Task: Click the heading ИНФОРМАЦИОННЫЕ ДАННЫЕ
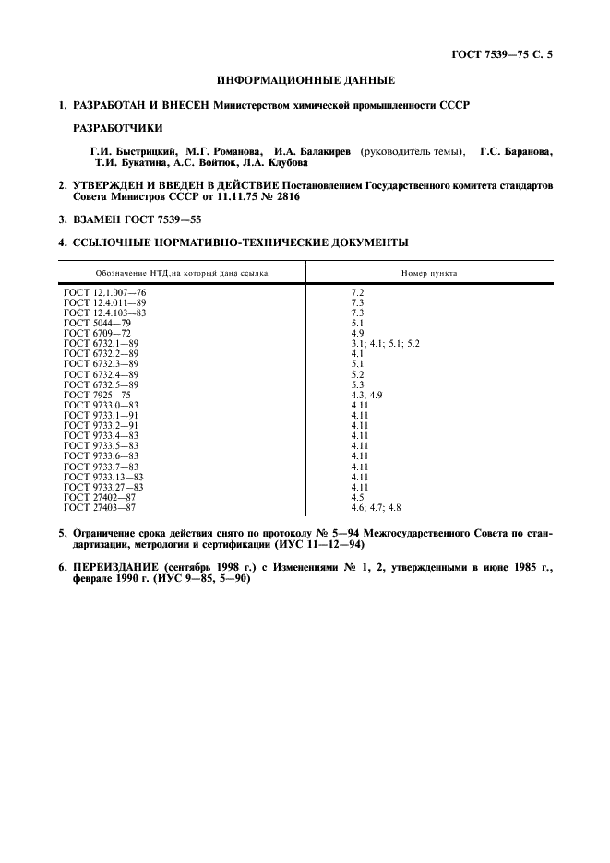click(x=305, y=81)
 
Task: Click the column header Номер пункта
click(x=429, y=273)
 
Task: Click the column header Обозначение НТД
click(x=181, y=273)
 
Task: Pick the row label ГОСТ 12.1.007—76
click(x=105, y=292)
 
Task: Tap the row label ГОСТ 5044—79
click(x=97, y=323)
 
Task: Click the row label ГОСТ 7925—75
click(x=97, y=395)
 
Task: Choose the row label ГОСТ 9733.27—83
click(x=103, y=487)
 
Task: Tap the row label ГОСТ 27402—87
click(x=100, y=497)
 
